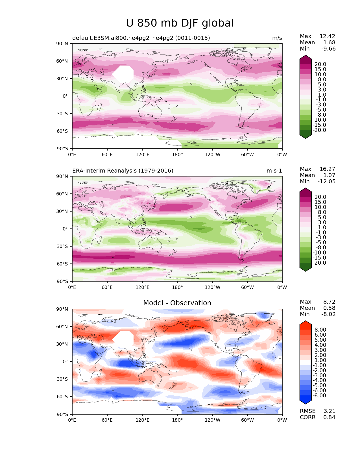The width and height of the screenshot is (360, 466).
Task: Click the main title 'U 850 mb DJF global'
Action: pos(180,23)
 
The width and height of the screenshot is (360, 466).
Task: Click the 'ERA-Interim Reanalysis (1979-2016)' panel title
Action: pos(123,171)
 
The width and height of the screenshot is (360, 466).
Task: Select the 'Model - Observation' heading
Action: pos(177,303)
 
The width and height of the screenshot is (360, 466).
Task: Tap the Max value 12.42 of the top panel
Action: pos(327,36)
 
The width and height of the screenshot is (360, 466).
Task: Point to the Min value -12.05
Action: pos(326,182)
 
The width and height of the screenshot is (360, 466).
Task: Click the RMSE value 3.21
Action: pos(329,411)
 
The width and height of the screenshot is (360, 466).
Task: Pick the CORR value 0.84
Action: pos(329,417)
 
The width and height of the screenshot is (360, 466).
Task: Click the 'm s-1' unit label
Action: pos(274,171)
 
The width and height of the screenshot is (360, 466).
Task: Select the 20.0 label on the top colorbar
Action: pos(320,64)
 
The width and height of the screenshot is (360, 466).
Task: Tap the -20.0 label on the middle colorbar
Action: pos(319,263)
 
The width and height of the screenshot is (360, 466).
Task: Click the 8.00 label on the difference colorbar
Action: pos(320,330)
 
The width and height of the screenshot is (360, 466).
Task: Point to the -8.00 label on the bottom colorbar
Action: pos(319,396)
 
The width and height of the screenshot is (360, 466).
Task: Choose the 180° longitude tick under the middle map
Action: pos(177,288)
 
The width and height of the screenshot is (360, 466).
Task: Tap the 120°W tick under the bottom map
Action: pos(212,420)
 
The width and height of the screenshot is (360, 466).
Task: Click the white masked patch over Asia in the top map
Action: pos(123,74)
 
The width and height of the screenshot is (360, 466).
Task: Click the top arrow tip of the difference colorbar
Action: pos(306,321)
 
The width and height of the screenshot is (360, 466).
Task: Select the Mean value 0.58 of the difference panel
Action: pos(329,308)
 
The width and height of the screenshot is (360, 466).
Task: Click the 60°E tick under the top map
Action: pos(107,155)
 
